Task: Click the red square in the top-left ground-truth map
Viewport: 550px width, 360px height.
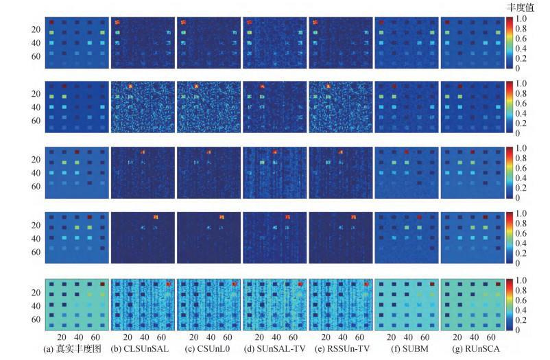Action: pyautogui.click(x=51, y=23)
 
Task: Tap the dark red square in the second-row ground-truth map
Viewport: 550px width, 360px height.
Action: pyautogui.click(x=64, y=86)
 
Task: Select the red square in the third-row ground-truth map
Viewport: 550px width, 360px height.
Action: pyautogui.click(x=77, y=152)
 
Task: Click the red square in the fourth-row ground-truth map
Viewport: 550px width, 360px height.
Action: pyautogui.click(x=89, y=216)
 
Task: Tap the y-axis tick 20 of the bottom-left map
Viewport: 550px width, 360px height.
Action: pyautogui.click(x=36, y=291)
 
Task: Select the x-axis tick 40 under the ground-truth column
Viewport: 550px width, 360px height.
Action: pyautogui.click(x=75, y=337)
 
